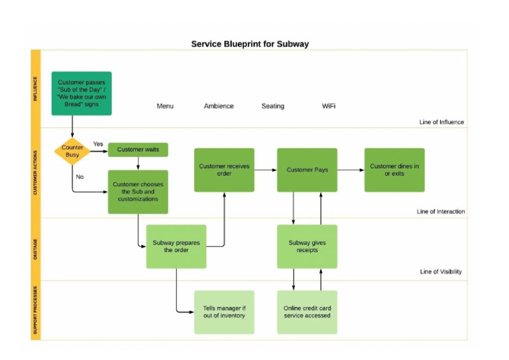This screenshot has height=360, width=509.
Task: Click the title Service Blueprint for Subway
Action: [x=250, y=44]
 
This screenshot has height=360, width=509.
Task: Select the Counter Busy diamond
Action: [x=72, y=151]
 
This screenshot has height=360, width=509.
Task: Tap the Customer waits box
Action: [x=138, y=150]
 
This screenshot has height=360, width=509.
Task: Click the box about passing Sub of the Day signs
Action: [x=82, y=93]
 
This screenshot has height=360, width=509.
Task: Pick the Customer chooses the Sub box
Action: [x=138, y=192]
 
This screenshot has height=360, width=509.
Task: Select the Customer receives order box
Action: [x=224, y=170]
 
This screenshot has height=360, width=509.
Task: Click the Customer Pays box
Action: [x=307, y=170]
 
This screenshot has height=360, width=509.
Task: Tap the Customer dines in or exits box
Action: [x=394, y=170]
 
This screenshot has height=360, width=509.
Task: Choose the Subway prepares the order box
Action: [x=176, y=246]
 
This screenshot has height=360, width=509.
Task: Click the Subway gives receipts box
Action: [x=307, y=246]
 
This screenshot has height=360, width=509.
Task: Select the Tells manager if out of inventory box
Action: [x=224, y=312]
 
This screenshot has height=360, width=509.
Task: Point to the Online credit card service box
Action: [x=307, y=312]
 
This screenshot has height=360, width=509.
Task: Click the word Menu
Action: [x=165, y=106]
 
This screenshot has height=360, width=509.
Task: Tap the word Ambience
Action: [x=219, y=106]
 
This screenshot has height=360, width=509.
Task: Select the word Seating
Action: [x=272, y=106]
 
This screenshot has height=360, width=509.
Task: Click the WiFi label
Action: [x=329, y=106]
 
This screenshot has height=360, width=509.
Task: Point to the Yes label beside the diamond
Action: [x=98, y=144]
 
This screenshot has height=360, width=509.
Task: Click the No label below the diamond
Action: [x=80, y=177]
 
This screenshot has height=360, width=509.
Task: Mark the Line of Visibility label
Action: [x=441, y=272]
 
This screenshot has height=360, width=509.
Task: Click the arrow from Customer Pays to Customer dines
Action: [x=351, y=170]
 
